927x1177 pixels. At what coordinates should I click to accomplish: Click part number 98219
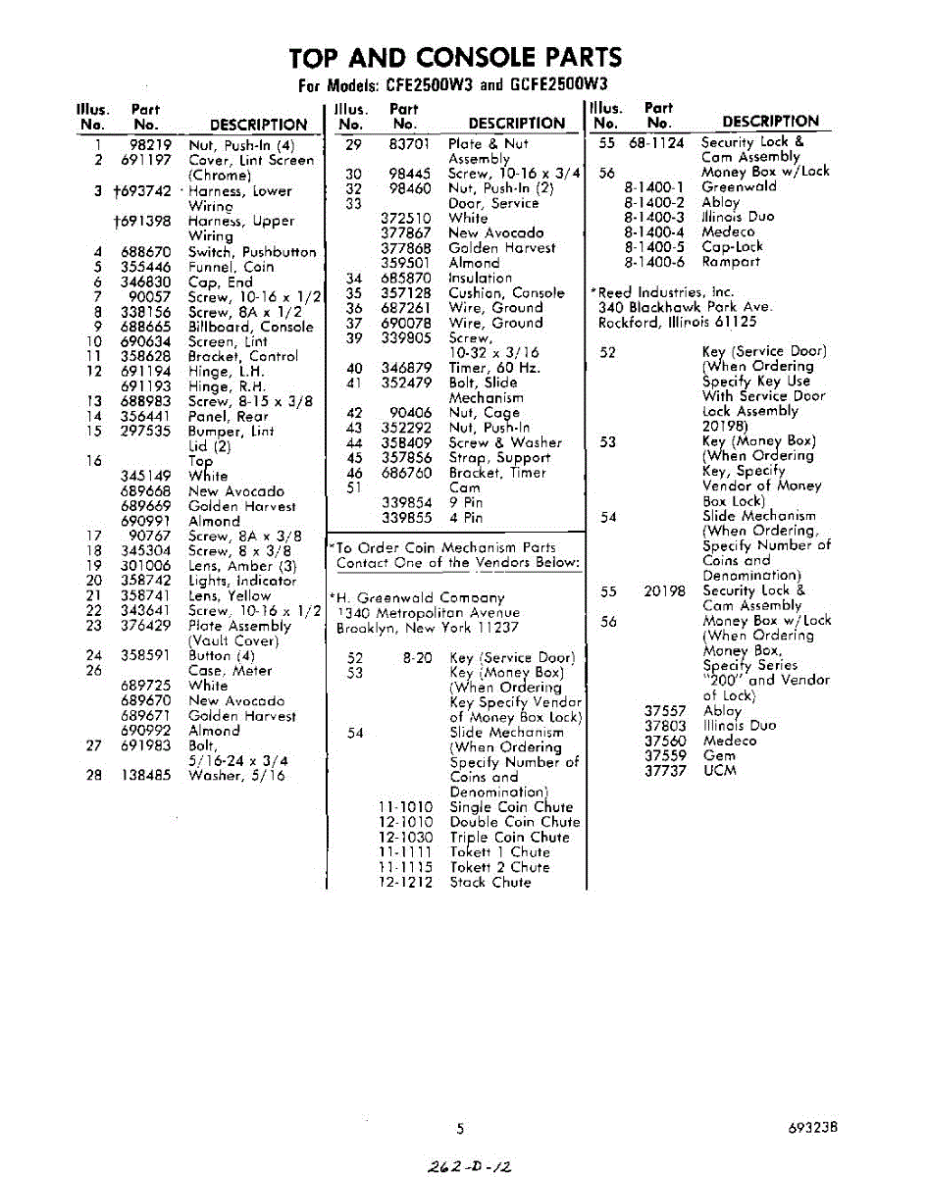151,145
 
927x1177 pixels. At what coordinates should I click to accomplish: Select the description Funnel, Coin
232,267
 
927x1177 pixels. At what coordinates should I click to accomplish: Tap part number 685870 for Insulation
406,278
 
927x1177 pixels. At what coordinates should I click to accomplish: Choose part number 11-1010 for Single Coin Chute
405,807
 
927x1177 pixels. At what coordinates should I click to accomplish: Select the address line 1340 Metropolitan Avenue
428,612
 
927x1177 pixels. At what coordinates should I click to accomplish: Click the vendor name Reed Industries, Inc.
665,292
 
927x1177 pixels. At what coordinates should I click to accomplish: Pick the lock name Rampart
730,262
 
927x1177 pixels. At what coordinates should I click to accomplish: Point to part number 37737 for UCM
665,771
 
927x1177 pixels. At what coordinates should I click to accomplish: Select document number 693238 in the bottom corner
812,1128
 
